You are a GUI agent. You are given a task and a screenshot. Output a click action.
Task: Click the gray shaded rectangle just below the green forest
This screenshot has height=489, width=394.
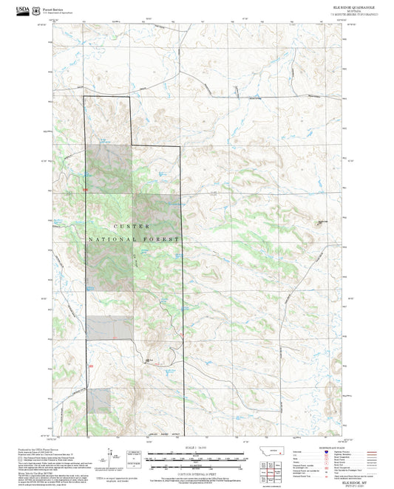[x=109, y=328]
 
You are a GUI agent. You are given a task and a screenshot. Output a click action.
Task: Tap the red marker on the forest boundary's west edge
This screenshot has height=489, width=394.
[x=86, y=190]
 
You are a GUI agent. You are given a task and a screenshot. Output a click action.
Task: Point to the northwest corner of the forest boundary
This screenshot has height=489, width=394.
[x=84, y=97]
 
